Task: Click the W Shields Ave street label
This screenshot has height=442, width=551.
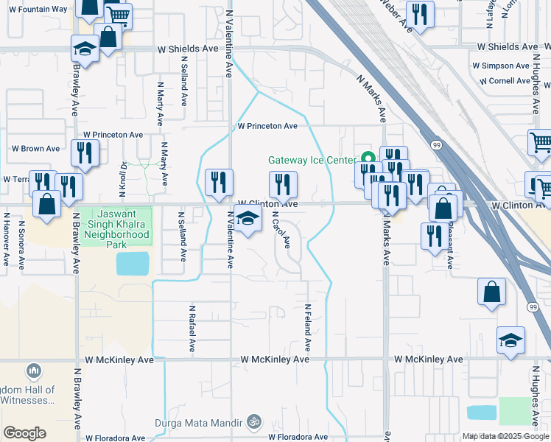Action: click(188, 49)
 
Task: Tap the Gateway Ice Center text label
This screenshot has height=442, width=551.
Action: click(312, 160)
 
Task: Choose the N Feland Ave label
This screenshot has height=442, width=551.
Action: click(308, 326)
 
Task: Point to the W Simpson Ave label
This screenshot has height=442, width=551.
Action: click(508, 64)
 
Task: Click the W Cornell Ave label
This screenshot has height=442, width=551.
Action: click(505, 81)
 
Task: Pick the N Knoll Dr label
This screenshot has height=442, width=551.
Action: click(124, 176)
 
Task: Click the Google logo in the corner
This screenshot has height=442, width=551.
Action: click(25, 433)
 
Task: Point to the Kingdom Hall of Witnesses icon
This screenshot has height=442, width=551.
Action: click(32, 371)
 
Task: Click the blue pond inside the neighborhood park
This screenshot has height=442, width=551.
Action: click(133, 263)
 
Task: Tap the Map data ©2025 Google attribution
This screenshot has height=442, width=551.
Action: click(504, 436)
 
